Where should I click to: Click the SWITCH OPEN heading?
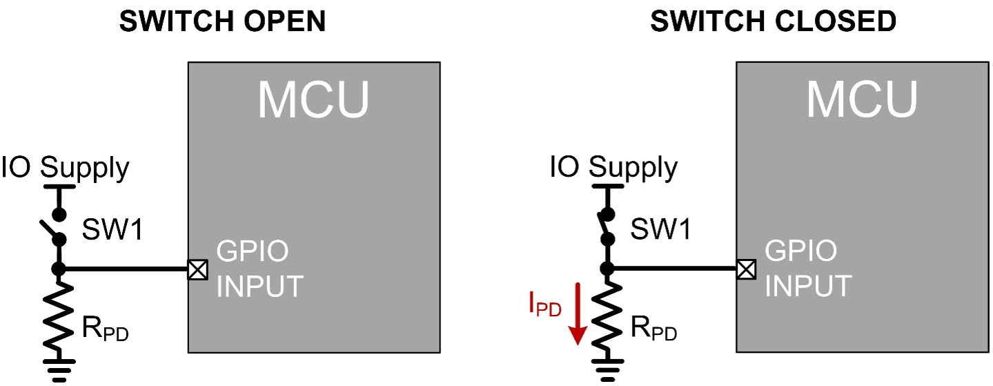click(222, 22)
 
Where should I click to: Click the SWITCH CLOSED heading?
click(773, 22)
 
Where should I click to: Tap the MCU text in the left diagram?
click(313, 101)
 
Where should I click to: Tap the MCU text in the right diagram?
click(862, 99)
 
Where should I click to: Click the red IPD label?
click(544, 305)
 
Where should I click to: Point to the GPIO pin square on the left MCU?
click(197, 269)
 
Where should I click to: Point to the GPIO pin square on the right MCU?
click(745, 269)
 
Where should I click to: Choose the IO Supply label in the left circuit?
click(65, 168)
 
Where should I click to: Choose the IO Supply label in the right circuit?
click(613, 168)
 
